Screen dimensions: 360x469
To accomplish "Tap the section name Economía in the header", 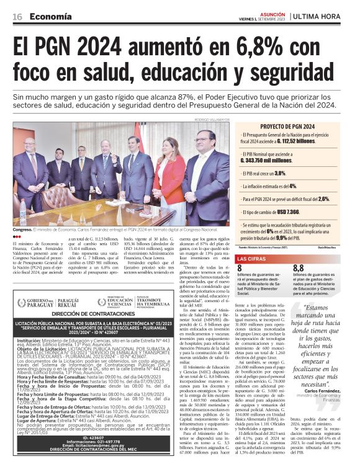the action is coord(52,17).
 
